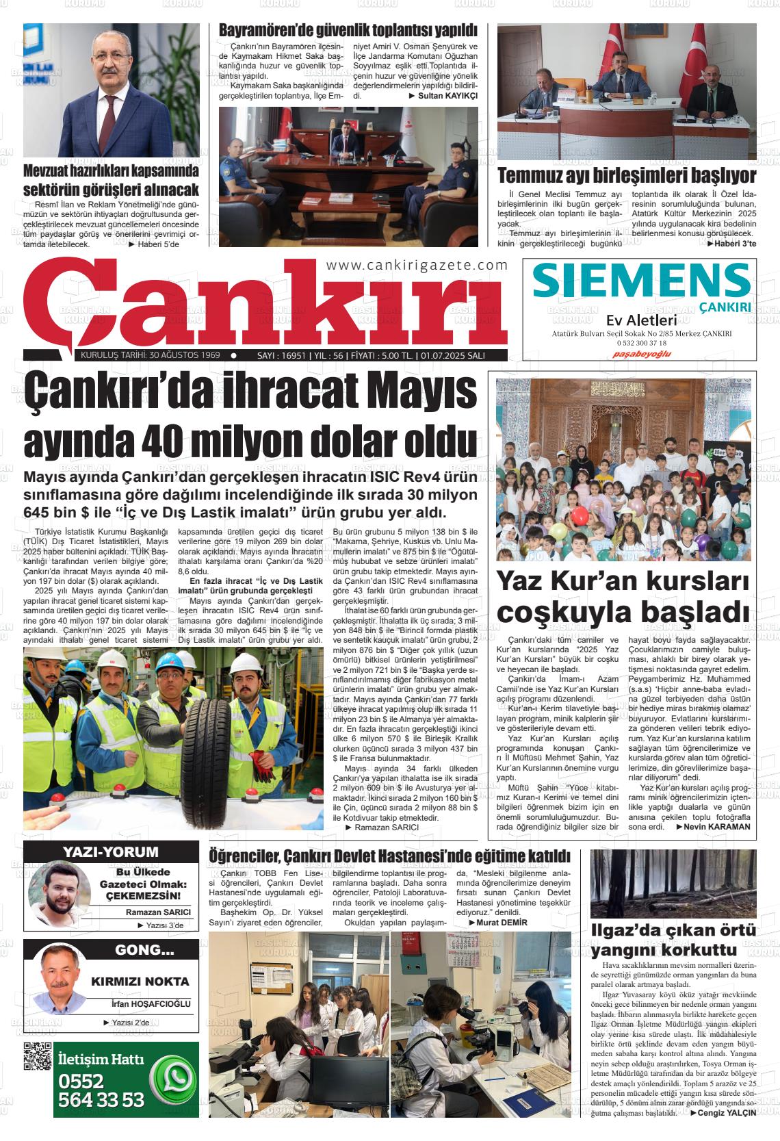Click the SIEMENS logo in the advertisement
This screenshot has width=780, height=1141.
pyautogui.click(x=640, y=282)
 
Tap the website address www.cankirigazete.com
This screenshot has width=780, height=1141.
pyautogui.click(x=417, y=266)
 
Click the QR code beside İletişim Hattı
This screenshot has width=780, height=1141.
pyautogui.click(x=38, y=1055)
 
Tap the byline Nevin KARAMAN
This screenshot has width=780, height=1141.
pyautogui.click(x=717, y=826)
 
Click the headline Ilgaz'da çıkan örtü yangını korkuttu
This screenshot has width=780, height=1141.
pyautogui.click(x=673, y=940)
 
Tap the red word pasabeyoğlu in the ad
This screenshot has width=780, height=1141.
pyautogui.click(x=641, y=354)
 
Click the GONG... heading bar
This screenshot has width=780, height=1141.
pyautogui.click(x=144, y=950)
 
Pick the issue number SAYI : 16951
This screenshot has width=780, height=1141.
pyautogui.click(x=280, y=355)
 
